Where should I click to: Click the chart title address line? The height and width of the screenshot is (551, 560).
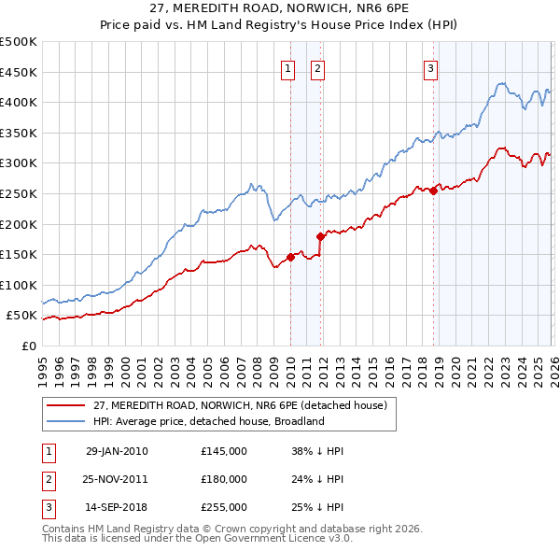[280, 8]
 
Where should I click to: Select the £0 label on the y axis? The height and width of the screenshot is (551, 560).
[29, 346]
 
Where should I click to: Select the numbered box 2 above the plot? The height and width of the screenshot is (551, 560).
[317, 67]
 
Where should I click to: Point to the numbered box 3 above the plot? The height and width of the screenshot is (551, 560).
[430, 67]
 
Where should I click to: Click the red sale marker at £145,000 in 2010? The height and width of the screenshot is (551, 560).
[290, 258]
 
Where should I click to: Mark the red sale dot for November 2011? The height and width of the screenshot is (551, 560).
[320, 236]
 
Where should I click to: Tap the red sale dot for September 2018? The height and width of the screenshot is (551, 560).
[433, 191]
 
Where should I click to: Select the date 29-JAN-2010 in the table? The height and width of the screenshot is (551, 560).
[116, 451]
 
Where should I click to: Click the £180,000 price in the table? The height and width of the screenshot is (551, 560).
[224, 479]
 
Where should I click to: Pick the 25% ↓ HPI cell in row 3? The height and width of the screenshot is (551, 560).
[317, 507]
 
